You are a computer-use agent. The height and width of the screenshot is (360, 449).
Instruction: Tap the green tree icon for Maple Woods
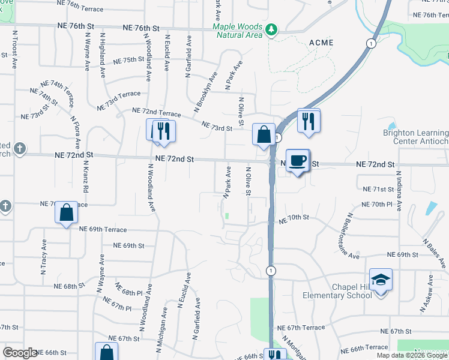(x=271, y=29)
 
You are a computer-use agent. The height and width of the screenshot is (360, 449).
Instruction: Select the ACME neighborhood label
(x=321, y=43)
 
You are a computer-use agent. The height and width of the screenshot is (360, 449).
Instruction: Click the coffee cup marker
(x=298, y=161)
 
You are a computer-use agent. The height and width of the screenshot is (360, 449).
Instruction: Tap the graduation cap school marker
(x=381, y=280)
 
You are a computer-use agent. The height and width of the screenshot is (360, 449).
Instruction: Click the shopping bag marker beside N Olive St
(x=264, y=134)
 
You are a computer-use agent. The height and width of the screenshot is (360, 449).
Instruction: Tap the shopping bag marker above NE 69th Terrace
(x=67, y=212)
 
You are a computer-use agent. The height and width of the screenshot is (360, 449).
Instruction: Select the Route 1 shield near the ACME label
(x=372, y=44)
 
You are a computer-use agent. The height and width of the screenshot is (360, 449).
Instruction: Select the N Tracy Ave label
(x=44, y=253)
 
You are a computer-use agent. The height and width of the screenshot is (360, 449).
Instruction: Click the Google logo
(x=20, y=353)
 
